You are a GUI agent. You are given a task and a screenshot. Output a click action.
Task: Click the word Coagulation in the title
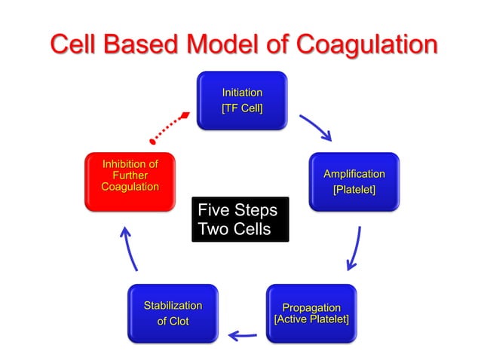(x=366, y=44)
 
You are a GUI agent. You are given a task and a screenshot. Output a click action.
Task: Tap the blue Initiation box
(x=241, y=100)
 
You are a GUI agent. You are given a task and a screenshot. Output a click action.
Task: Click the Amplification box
(x=354, y=182)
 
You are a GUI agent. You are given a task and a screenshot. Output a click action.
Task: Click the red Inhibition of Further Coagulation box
(x=130, y=181)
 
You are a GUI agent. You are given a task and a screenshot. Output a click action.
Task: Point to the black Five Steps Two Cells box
(x=240, y=219)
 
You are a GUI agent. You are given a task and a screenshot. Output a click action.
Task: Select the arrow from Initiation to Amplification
(x=315, y=127)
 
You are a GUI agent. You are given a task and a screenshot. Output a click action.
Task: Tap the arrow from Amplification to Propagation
(x=354, y=249)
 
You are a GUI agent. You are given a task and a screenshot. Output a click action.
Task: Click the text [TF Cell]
(x=241, y=108)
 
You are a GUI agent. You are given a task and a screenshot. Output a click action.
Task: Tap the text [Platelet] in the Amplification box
(x=354, y=189)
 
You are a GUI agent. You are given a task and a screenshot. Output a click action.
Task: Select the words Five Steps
(x=237, y=209)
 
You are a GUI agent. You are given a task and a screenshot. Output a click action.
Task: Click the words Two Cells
(x=233, y=229)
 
